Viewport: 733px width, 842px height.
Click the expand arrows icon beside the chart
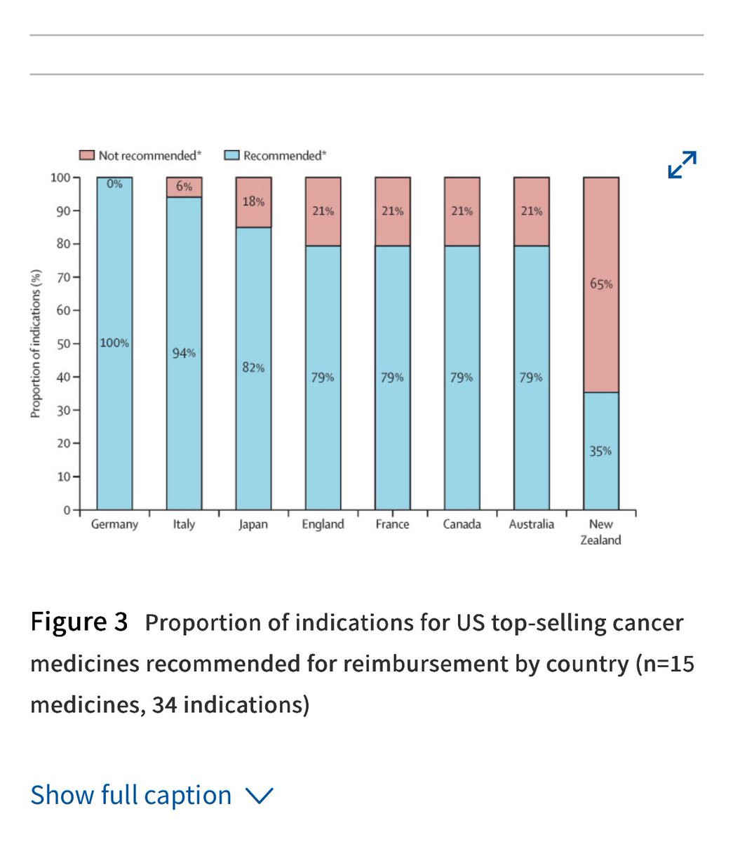tap(682, 164)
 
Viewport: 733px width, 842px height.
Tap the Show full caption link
tap(151, 796)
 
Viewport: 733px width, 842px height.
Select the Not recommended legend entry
tap(140, 155)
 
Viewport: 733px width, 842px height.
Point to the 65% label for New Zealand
tap(601, 284)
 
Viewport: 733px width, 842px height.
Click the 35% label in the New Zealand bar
tap(600, 451)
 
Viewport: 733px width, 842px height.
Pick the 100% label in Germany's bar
tap(114, 343)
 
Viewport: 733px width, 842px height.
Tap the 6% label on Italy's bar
tap(184, 187)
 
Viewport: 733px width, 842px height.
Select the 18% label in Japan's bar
tap(253, 201)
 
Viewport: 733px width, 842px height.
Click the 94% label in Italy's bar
tap(184, 353)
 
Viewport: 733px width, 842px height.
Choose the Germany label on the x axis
tap(114, 524)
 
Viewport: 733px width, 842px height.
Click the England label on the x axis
tap(323, 524)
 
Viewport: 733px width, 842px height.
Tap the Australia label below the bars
tap(531, 524)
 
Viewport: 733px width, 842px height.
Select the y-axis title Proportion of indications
tap(35, 344)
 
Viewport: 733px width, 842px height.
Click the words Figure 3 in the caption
tap(79, 622)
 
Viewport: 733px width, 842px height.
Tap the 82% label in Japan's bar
tap(253, 368)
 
